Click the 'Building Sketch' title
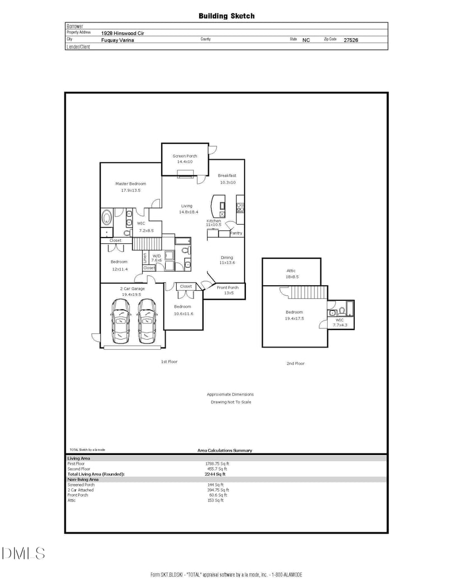tap(226, 16)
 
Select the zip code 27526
tap(351, 40)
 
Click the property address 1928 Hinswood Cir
tap(122, 33)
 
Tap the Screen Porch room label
tap(185, 156)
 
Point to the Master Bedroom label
tap(131, 184)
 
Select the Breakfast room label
tap(227, 175)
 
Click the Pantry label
tap(236, 233)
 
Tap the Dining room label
tap(226, 257)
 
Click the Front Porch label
tap(227, 287)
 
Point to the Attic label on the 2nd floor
tap(291, 271)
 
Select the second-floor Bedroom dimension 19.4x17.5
tap(294, 318)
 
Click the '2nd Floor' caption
tap(295, 364)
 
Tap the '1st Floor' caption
tap(169, 361)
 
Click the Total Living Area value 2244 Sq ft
tap(215, 474)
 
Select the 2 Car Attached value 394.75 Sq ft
tap(218, 490)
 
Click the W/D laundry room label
tap(157, 257)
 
